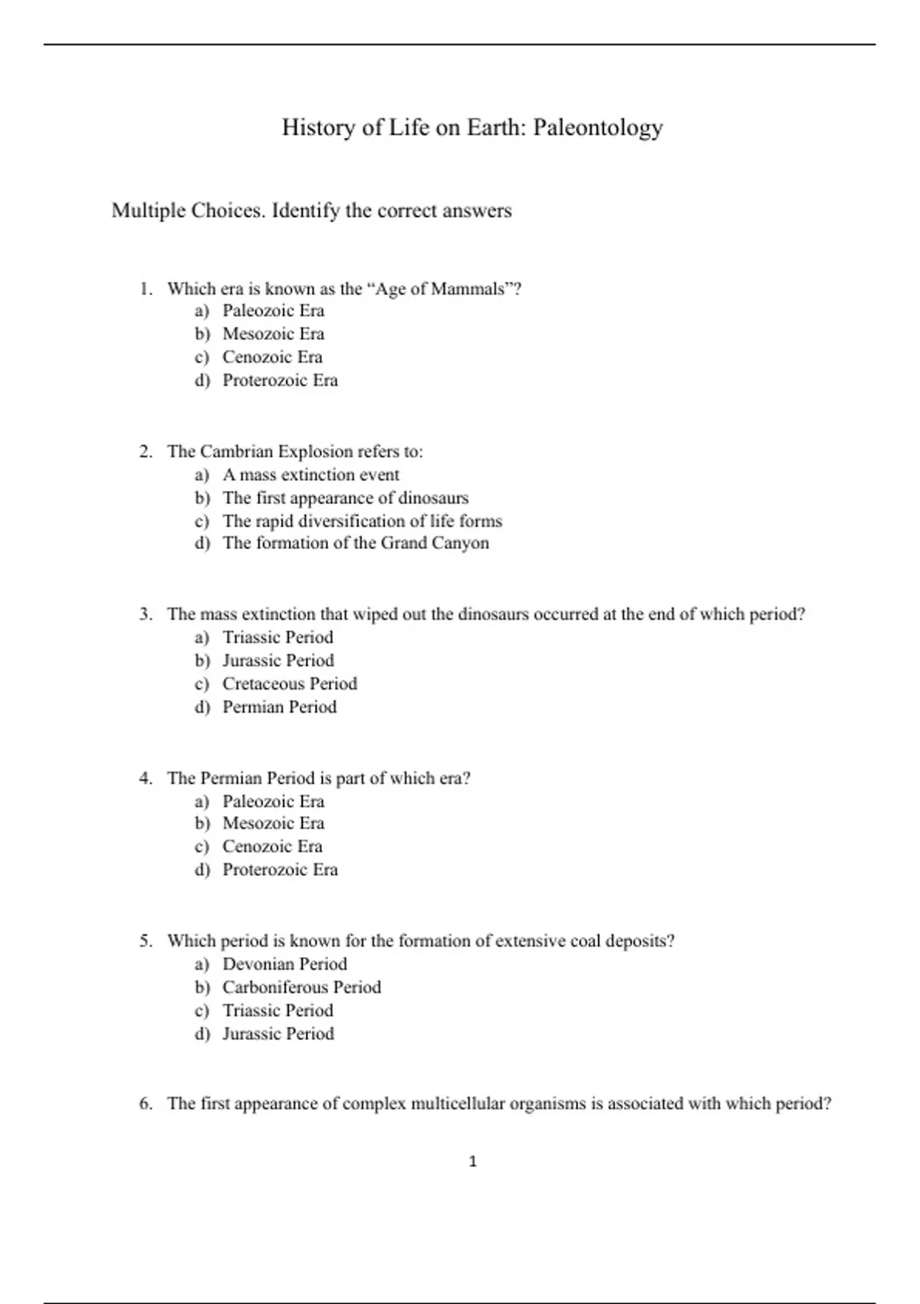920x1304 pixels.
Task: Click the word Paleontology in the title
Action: [x=597, y=127]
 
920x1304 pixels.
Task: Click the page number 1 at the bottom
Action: [x=472, y=1162]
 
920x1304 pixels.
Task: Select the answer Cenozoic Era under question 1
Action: [x=272, y=357]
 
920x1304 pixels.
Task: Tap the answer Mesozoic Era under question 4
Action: [x=273, y=824]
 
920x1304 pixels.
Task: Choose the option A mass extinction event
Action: [x=310, y=475]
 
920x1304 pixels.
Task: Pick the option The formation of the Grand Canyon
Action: [x=355, y=543]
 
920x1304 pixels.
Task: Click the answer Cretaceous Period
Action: [x=290, y=684]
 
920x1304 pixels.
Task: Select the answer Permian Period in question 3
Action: [x=279, y=707]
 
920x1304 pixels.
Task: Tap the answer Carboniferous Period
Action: [x=301, y=988]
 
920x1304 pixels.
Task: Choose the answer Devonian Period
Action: [x=284, y=965]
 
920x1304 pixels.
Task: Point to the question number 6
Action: [x=145, y=1105]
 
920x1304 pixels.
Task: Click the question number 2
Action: [x=145, y=452]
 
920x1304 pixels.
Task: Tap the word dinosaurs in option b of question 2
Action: [x=433, y=498]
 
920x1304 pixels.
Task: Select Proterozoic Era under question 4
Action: [x=280, y=870]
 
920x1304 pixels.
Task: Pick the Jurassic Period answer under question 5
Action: [x=278, y=1034]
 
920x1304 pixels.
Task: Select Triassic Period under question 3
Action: [x=278, y=638]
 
